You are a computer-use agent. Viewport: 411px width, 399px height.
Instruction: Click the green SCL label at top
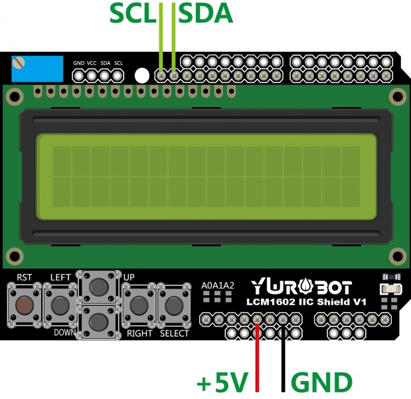click(x=133, y=13)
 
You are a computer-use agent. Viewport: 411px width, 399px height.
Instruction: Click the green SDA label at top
click(x=206, y=13)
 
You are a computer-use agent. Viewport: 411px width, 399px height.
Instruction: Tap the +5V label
click(x=222, y=382)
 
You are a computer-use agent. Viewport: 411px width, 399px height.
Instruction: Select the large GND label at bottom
click(x=322, y=382)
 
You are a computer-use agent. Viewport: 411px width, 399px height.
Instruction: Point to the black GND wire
click(x=284, y=359)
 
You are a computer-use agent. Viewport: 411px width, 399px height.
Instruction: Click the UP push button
click(x=98, y=287)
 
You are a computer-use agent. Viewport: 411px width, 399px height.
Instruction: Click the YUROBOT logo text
click(x=301, y=287)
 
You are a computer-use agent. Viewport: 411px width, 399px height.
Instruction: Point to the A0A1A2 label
click(x=218, y=285)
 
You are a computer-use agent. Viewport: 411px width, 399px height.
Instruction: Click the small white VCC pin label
click(x=92, y=63)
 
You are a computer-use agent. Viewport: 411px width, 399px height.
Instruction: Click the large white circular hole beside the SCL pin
click(x=141, y=75)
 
